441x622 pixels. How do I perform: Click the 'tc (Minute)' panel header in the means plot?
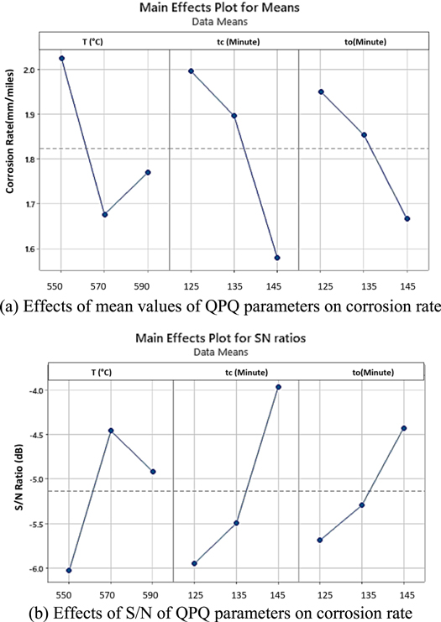(x=234, y=41)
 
